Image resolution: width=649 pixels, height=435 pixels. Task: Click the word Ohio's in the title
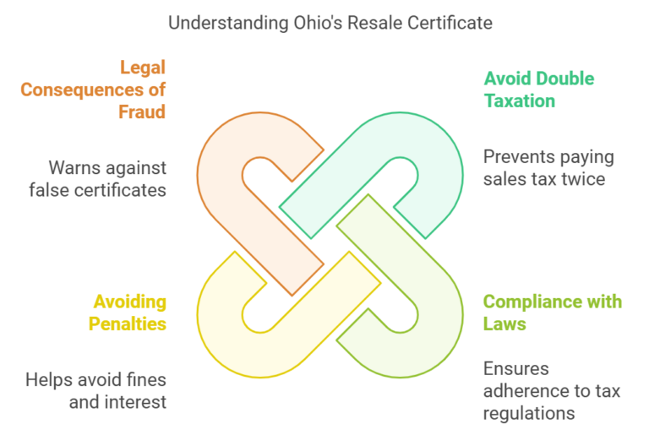pyautogui.click(x=318, y=23)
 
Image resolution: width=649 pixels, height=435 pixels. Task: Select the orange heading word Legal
pyautogui.click(x=143, y=68)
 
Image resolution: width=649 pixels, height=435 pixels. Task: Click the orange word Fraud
pyautogui.click(x=142, y=111)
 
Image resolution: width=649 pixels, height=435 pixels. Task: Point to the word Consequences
pyautogui.click(x=82, y=90)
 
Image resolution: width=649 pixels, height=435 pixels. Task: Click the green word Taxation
pyautogui.click(x=520, y=101)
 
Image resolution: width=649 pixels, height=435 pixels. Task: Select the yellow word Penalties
pyautogui.click(x=128, y=324)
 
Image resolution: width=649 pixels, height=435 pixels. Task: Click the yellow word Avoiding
pyautogui.click(x=130, y=302)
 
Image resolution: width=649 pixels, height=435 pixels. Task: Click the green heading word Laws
pyautogui.click(x=504, y=324)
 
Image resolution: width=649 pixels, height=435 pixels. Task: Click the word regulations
pyautogui.click(x=529, y=414)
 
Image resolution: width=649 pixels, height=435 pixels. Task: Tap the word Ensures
pyautogui.click(x=516, y=369)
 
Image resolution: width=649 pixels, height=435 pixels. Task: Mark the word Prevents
pyautogui.click(x=513, y=157)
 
